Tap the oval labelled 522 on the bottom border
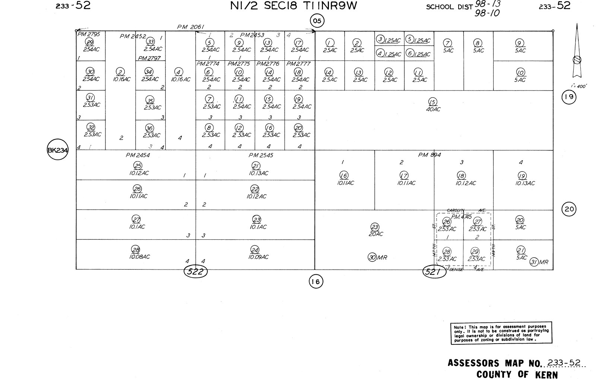tap(196, 272)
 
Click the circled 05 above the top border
tap(317, 21)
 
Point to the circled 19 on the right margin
tap(569, 98)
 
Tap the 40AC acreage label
tap(433, 109)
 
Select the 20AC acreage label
tap(375, 234)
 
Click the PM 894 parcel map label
tap(429, 155)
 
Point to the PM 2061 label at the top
tap(190, 27)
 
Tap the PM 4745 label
tap(462, 217)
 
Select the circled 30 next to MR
tap(372, 257)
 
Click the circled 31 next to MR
tap(534, 262)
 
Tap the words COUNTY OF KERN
tap(517, 374)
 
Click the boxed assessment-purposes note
tap(501, 332)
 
